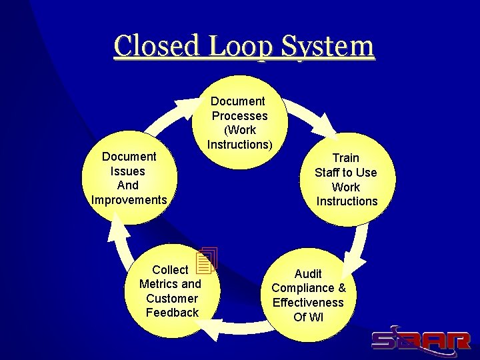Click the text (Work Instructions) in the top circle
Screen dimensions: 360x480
click(x=239, y=137)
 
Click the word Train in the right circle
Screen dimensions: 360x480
click(x=345, y=158)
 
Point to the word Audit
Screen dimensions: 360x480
click(x=308, y=274)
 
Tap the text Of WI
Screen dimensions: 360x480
click(x=308, y=317)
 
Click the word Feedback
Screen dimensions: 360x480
click(x=172, y=313)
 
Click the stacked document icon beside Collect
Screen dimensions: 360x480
click(x=207, y=261)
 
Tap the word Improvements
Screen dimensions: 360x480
click(x=129, y=200)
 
